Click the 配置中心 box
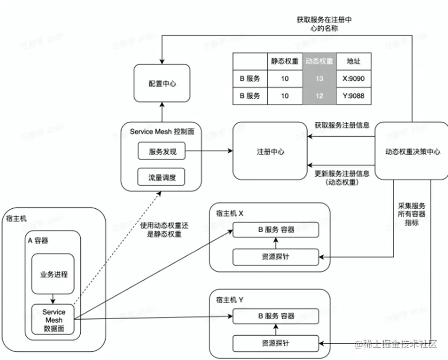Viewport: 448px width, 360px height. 162,83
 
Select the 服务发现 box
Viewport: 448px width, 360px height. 162,152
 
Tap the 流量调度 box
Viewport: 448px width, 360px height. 162,178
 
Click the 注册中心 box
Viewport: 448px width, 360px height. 270,152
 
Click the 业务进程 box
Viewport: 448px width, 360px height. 54,273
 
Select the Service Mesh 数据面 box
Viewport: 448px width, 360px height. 54,320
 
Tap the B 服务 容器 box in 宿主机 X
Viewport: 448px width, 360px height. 276,229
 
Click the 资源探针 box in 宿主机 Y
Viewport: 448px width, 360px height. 276,343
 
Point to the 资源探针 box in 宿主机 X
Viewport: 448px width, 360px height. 276,256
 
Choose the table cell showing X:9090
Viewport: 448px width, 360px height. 354,79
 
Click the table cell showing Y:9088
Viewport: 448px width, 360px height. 354,96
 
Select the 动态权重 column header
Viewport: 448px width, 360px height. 319,61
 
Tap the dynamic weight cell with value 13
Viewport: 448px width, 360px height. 319,79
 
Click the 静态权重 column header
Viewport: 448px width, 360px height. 285,61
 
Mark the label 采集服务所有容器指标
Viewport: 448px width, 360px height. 412,213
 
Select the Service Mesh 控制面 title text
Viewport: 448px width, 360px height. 162,132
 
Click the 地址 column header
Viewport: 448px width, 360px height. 354,61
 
